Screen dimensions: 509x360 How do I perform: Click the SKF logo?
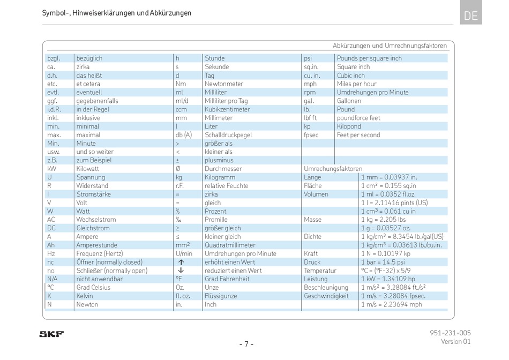click(x=51, y=334)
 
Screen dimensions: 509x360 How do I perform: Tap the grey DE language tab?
click(x=471, y=12)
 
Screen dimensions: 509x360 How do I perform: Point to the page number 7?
click(x=246, y=344)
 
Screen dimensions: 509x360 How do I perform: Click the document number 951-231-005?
click(x=450, y=333)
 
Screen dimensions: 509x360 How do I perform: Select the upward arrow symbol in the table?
click(x=181, y=262)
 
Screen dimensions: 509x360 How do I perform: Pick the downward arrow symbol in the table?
click(x=181, y=271)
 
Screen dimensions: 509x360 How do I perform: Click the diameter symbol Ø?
click(x=178, y=168)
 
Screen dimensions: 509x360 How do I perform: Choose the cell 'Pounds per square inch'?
click(x=369, y=58)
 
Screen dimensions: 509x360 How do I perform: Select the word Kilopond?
click(x=349, y=126)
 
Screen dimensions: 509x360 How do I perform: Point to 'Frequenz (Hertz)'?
click(x=100, y=253)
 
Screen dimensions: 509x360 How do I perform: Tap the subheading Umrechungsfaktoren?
click(x=333, y=168)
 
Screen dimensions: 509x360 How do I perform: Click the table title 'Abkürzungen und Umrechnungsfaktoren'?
click(x=390, y=46)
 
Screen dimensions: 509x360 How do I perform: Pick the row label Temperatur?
click(x=320, y=271)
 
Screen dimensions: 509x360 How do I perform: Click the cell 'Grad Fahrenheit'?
click(x=227, y=279)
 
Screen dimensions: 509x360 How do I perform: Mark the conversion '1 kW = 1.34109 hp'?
click(x=388, y=279)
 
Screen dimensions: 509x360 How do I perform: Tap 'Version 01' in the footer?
click(x=456, y=341)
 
